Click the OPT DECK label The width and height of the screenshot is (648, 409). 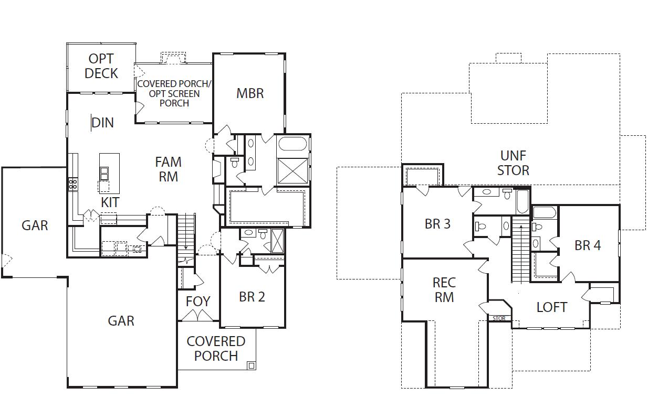tap(101, 66)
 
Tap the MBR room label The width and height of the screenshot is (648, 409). tap(250, 93)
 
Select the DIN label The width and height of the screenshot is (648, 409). tap(102, 123)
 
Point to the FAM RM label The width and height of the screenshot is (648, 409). tap(168, 169)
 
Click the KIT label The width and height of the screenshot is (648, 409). tap(110, 202)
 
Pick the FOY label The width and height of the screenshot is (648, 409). tap(197, 302)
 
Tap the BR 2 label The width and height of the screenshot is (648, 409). tap(252, 297)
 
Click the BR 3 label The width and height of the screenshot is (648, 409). tap(437, 224)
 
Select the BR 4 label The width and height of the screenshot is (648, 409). tap(588, 245)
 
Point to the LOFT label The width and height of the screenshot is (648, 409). tap(551, 307)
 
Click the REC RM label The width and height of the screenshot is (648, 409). tap(444, 290)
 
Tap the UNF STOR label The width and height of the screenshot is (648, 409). tap(513, 163)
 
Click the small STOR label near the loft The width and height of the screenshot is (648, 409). tap(499, 318)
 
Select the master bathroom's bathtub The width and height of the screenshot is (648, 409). tap(293, 144)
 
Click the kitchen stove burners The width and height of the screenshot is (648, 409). tap(73, 184)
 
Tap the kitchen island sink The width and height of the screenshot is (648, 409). tap(104, 173)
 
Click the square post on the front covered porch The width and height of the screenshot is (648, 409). tap(251, 365)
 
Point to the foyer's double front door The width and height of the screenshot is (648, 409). tap(197, 316)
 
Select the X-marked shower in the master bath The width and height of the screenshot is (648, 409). tap(292, 170)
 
